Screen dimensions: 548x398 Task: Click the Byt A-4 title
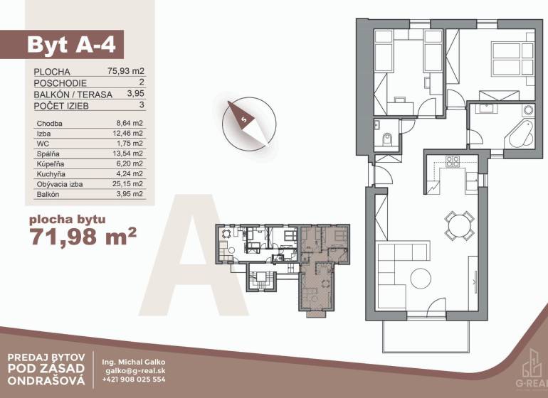pos(71,44)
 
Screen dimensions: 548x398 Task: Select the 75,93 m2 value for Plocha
pos(126,71)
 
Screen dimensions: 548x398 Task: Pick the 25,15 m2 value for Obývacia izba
pos(130,183)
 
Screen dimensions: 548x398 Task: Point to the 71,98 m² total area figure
pos(83,237)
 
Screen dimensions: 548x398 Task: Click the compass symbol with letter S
pos(249,124)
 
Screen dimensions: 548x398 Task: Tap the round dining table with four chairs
pos(459,225)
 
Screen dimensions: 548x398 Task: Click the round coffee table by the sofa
pos(421,279)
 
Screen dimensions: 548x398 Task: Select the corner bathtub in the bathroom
pos(521,135)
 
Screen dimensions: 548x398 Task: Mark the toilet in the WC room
pos(387,139)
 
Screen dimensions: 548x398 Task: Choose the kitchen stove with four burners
pos(453,161)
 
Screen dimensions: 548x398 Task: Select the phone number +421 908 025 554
pos(134,380)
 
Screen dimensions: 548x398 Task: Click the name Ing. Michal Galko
pos(134,362)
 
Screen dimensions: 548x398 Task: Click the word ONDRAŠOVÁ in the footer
pos(46,380)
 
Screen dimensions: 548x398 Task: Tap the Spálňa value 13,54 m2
pos(130,154)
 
